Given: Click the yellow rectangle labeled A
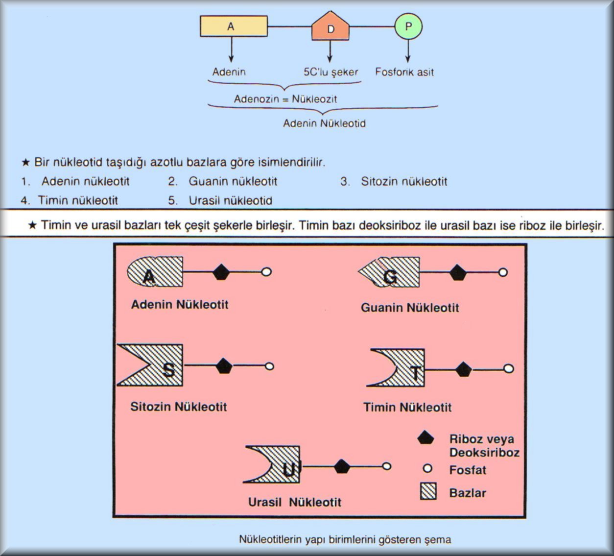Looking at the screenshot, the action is pyautogui.click(x=234, y=26).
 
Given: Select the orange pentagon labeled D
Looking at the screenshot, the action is pyautogui.click(x=331, y=26).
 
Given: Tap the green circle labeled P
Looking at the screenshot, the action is pyautogui.click(x=408, y=26).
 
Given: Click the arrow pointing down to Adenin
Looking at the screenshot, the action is pyautogui.click(x=232, y=49).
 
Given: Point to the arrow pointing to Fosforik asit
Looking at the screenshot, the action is pyautogui.click(x=408, y=51).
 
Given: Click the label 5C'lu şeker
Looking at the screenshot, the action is pyautogui.click(x=331, y=73).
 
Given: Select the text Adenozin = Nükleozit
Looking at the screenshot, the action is pyautogui.click(x=285, y=99).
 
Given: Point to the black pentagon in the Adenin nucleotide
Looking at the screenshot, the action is pyautogui.click(x=221, y=272).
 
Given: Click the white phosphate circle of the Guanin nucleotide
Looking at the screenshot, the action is pyautogui.click(x=503, y=272).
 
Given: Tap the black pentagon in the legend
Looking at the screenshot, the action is pyautogui.click(x=426, y=438).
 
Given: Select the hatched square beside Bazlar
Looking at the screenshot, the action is pyautogui.click(x=428, y=493).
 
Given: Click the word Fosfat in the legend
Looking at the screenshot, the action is pyautogui.click(x=468, y=470).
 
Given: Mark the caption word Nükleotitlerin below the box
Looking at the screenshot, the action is pyautogui.click(x=271, y=539).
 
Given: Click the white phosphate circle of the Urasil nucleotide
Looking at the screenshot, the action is pyautogui.click(x=387, y=466).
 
